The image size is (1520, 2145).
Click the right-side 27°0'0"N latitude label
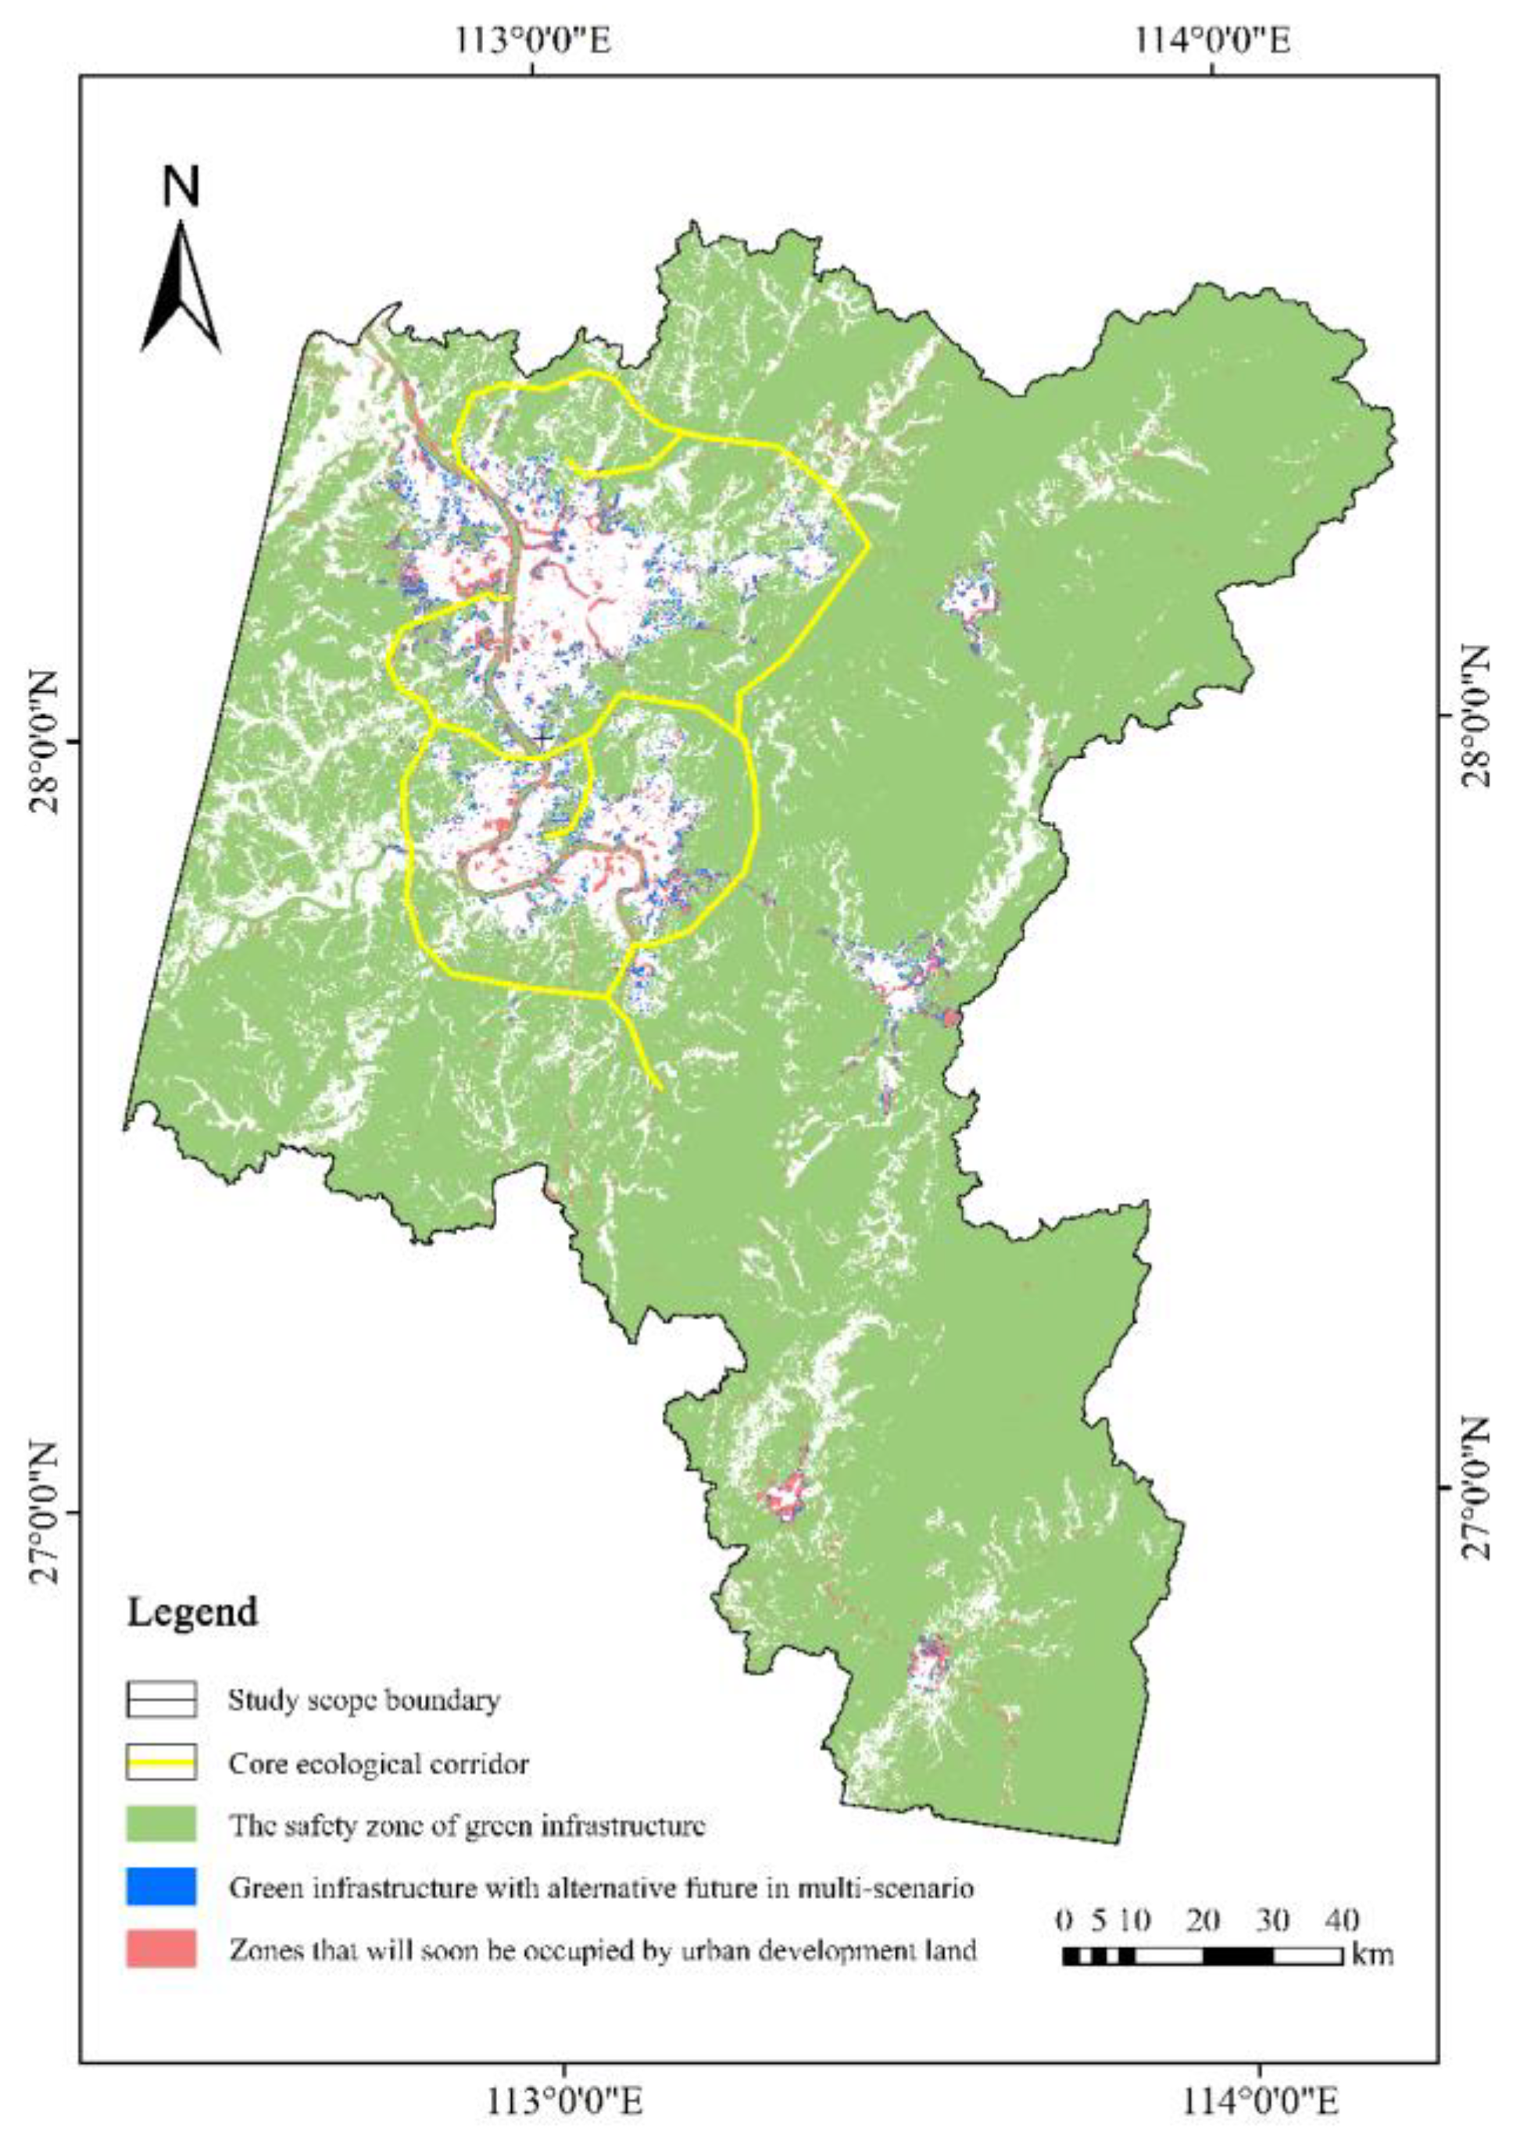(1474, 1487)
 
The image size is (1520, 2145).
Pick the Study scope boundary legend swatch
(161, 1699)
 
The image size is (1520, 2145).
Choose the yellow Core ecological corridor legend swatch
(161, 1763)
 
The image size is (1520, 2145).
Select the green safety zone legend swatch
(161, 1824)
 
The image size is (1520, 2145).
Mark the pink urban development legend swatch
(161, 1950)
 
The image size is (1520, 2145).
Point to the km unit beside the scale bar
(1372, 1954)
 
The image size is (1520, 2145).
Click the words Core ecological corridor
(378, 1765)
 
